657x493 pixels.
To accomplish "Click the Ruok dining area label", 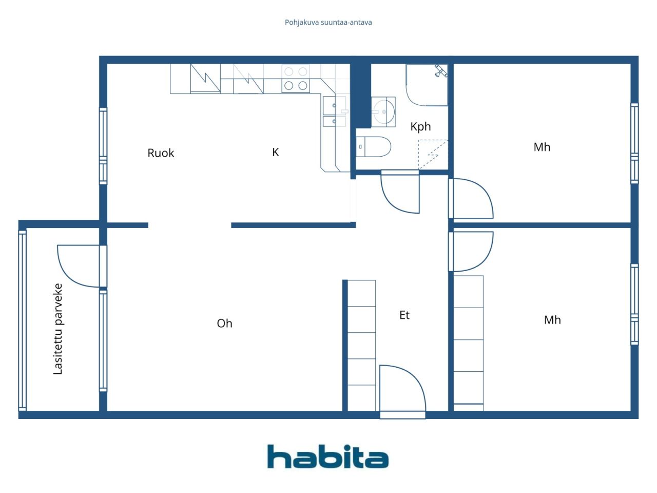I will click(161, 153).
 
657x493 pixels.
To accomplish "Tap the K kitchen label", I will click(276, 152).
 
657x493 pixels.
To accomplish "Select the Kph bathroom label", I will click(420, 127).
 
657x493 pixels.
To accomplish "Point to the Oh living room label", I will click(224, 324).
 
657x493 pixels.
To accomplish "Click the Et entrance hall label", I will click(404, 315).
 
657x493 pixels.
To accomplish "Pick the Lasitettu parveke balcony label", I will click(58, 329).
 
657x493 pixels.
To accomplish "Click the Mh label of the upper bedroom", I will click(542, 147).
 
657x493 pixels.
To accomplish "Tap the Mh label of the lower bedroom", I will click(552, 320).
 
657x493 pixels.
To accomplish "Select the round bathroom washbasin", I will click(383, 111).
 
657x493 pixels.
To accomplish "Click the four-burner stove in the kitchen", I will click(296, 79).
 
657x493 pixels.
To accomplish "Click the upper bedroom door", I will click(471, 198).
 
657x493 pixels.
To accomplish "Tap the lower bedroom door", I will click(471, 251).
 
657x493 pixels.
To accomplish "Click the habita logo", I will click(327, 457).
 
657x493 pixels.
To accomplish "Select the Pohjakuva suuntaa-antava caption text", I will click(328, 23).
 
